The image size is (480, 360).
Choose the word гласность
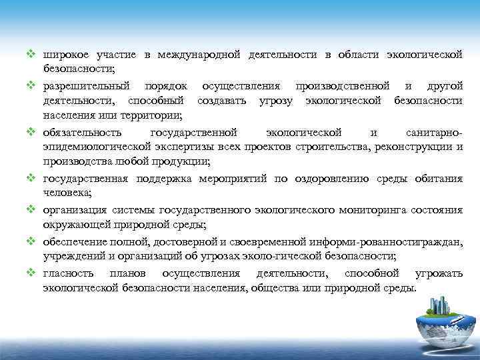[x=66, y=273]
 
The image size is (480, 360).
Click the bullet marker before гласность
[x=31, y=273]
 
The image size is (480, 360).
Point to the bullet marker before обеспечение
[x=31, y=241]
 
